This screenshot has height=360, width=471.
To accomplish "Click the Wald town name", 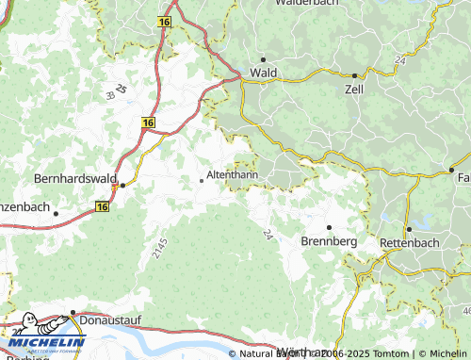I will [262, 73].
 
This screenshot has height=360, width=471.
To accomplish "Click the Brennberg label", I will [329, 241].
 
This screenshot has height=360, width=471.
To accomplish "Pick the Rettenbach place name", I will [410, 242].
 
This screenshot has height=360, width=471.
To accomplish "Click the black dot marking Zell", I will [354, 75].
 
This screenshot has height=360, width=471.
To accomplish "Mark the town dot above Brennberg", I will [329, 228].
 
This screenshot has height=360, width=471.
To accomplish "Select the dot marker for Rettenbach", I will [410, 229].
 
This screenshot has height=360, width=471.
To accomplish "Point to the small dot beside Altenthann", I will [201, 180].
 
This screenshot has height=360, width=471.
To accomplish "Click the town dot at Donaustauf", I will [73, 310].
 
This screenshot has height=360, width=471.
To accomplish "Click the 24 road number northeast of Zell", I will [399, 59].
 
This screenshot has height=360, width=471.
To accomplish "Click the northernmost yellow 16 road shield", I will [165, 20].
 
